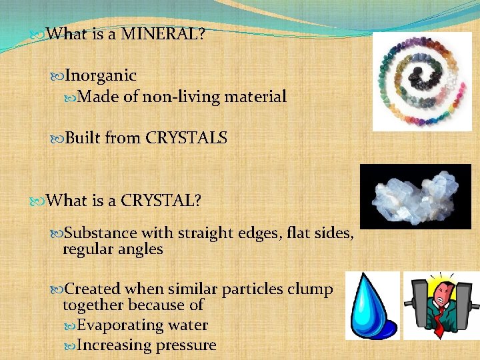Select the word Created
(x=93, y=289)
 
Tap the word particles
(x=251, y=289)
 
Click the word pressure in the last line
(x=185, y=345)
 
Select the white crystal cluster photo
(x=415, y=196)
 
